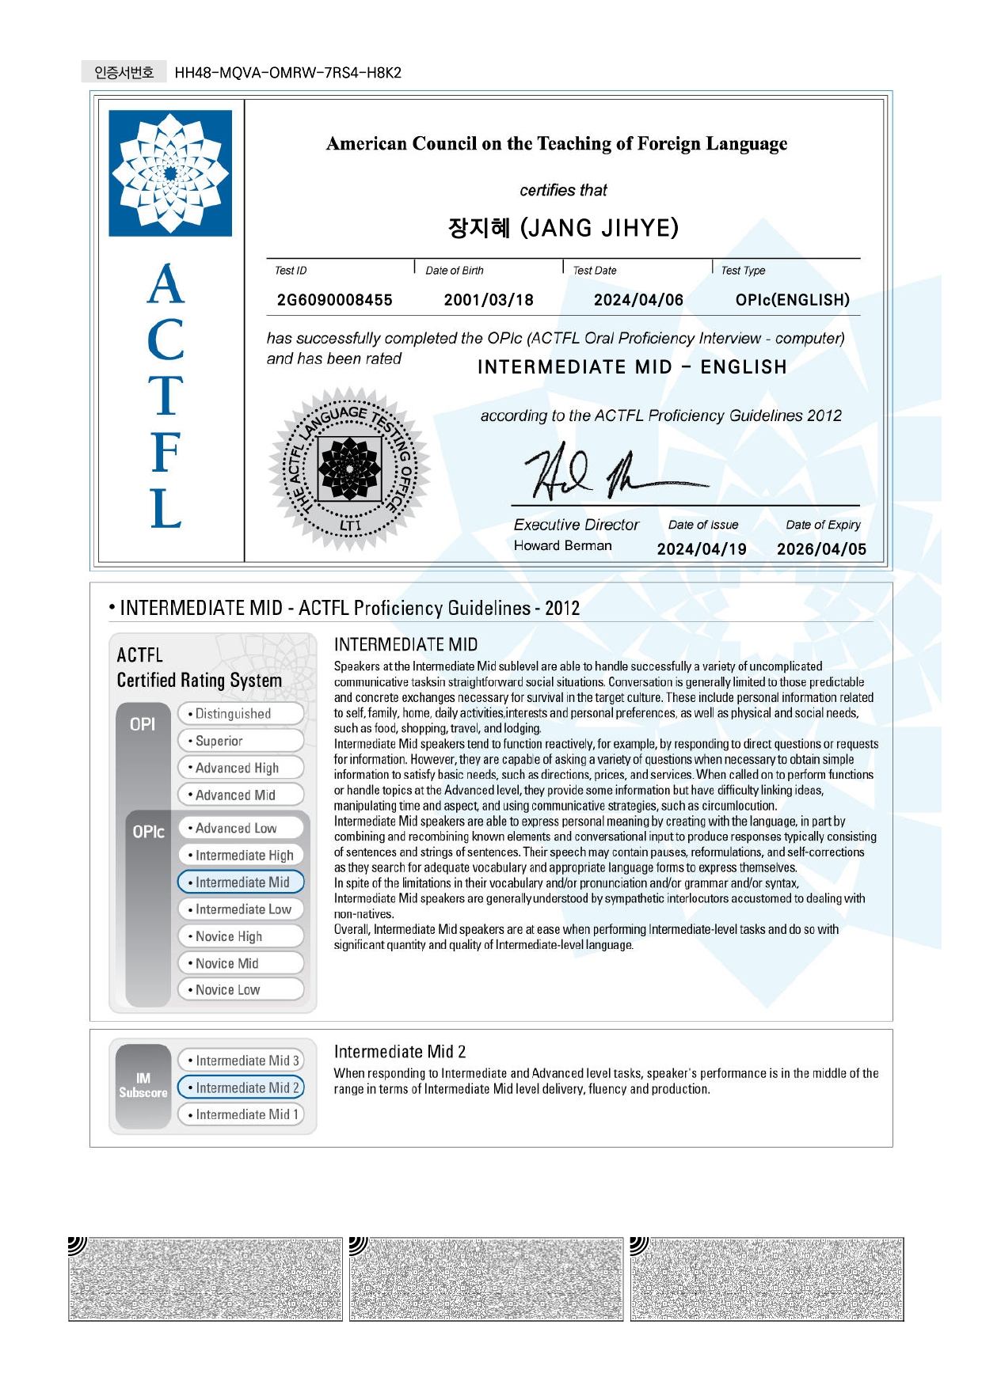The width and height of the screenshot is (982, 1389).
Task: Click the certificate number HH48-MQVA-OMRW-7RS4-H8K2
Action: [287, 73]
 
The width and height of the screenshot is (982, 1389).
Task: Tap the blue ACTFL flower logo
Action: [170, 173]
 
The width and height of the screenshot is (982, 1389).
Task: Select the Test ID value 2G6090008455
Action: [334, 300]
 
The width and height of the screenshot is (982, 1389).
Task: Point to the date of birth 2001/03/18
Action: [488, 300]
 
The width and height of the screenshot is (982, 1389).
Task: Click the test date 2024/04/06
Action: [638, 300]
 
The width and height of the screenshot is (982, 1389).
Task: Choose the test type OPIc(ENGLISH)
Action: [792, 300]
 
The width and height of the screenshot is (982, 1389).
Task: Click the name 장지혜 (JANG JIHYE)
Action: [563, 228]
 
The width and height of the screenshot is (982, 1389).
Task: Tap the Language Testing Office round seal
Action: [349, 469]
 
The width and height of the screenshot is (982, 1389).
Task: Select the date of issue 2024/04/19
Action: [701, 549]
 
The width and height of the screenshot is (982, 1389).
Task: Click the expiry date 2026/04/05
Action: [821, 549]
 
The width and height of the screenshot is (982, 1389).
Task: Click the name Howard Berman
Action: [562, 545]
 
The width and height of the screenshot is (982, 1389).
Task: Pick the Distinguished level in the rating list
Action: [241, 714]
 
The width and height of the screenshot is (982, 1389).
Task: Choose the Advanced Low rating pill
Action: [241, 828]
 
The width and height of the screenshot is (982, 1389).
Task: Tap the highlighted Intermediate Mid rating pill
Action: [241, 882]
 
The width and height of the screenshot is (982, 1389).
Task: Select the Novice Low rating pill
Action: [241, 989]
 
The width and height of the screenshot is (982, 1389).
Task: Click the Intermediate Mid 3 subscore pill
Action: [241, 1061]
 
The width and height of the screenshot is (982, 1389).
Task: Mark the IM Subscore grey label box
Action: [143, 1086]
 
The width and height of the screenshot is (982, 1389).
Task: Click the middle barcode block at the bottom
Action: [486, 1279]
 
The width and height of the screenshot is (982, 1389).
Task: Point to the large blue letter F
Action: [166, 453]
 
